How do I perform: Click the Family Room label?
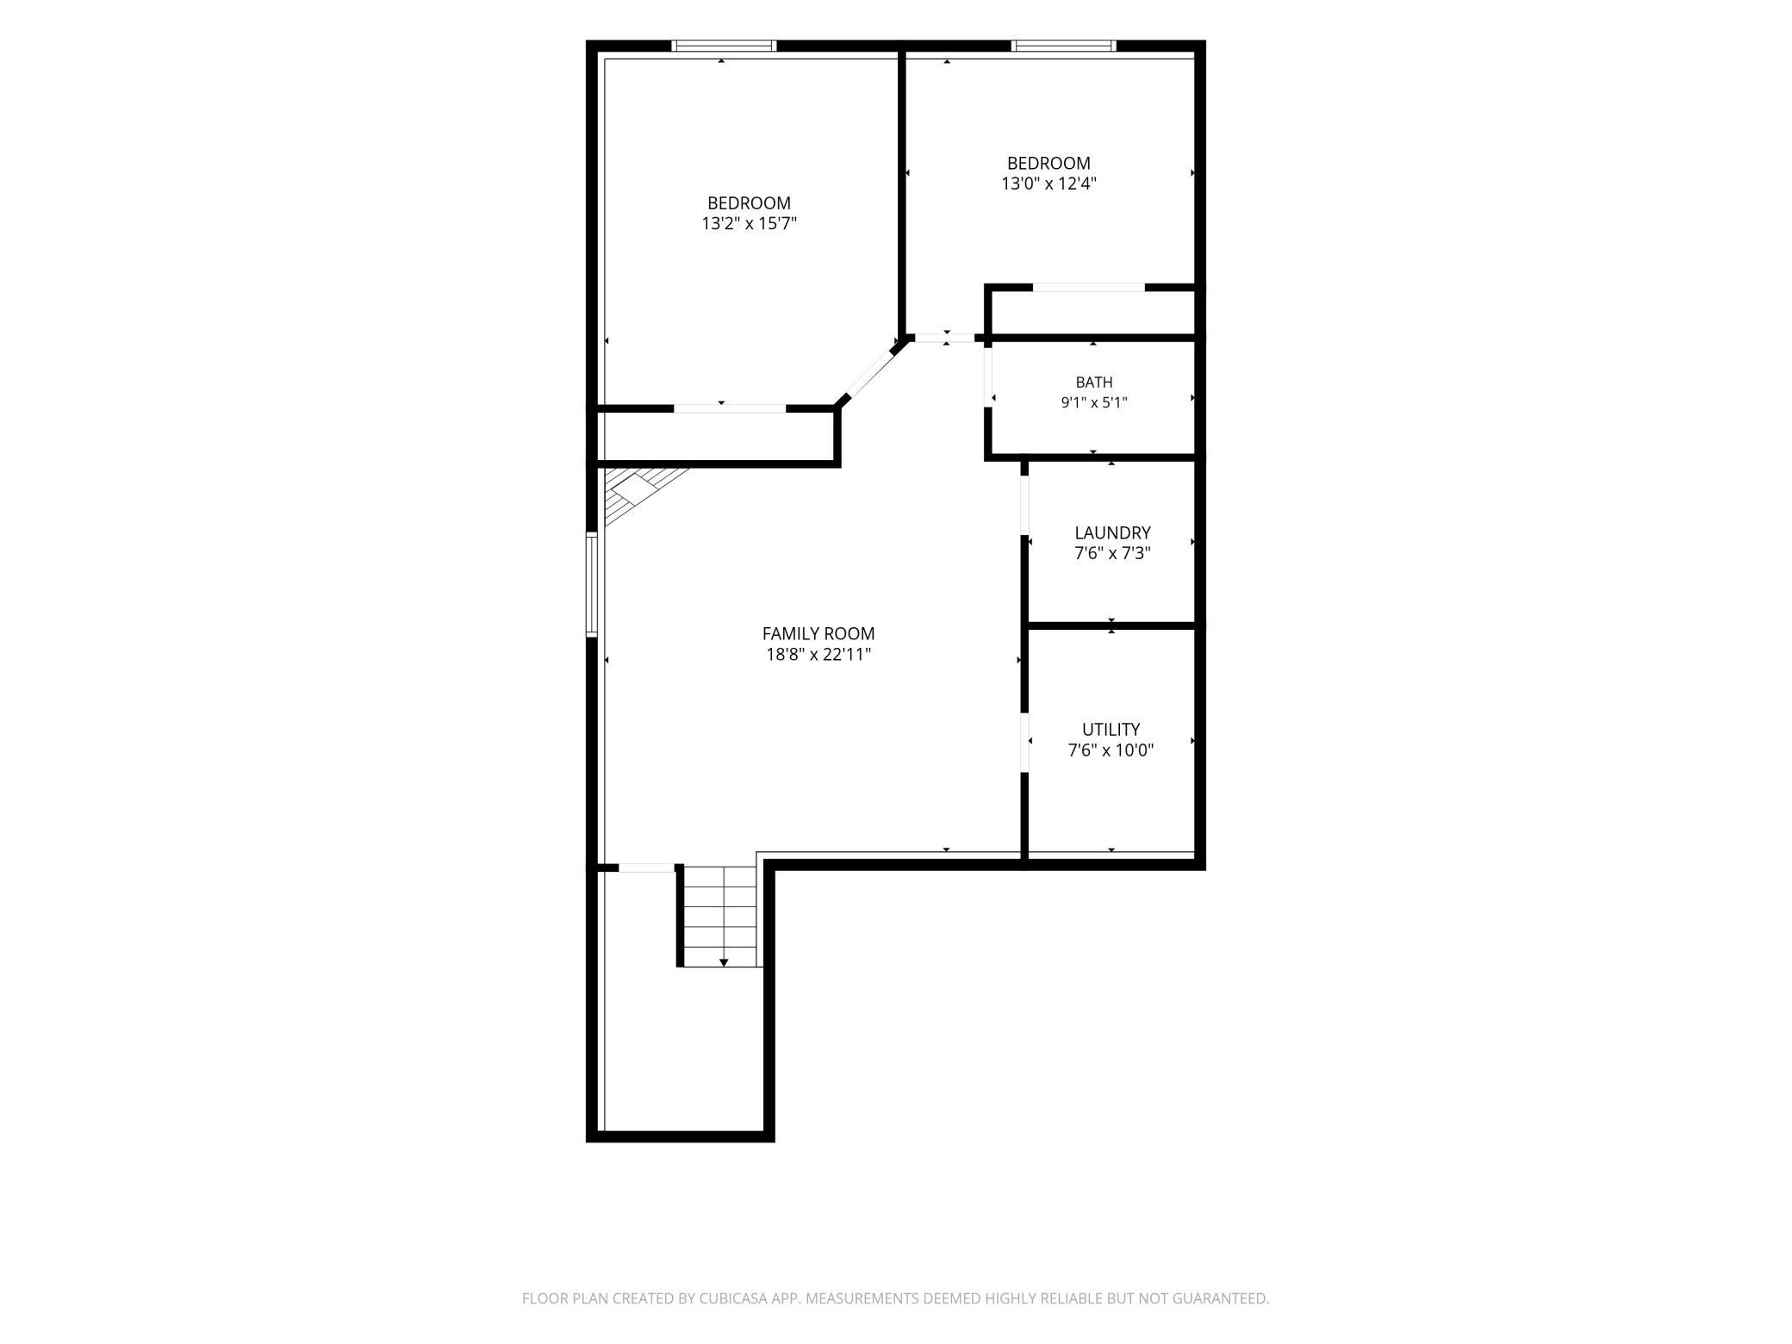pyautogui.click(x=818, y=634)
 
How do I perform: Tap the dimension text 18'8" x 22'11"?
pyautogui.click(x=818, y=655)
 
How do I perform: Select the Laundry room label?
pyautogui.click(x=1112, y=533)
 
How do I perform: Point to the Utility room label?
pyautogui.click(x=1111, y=730)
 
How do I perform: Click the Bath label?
pyautogui.click(x=1093, y=383)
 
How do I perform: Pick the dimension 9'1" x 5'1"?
pyautogui.click(x=1093, y=402)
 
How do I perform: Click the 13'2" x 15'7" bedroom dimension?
pyautogui.click(x=749, y=224)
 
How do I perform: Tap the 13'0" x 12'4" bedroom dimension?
pyautogui.click(x=1048, y=184)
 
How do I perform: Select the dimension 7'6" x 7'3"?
pyautogui.click(x=1112, y=553)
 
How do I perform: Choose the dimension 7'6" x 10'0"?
pyautogui.click(x=1111, y=750)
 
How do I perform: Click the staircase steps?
pyautogui.click(x=720, y=916)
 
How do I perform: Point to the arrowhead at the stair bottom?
pyautogui.click(x=724, y=962)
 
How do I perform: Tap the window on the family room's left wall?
pyautogui.click(x=592, y=584)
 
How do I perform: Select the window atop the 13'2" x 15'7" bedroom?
pyautogui.click(x=724, y=46)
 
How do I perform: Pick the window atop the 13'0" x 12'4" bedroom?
pyautogui.click(x=1063, y=46)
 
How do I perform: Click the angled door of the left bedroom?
pyautogui.click(x=871, y=371)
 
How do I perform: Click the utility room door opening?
pyautogui.click(x=1024, y=743)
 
